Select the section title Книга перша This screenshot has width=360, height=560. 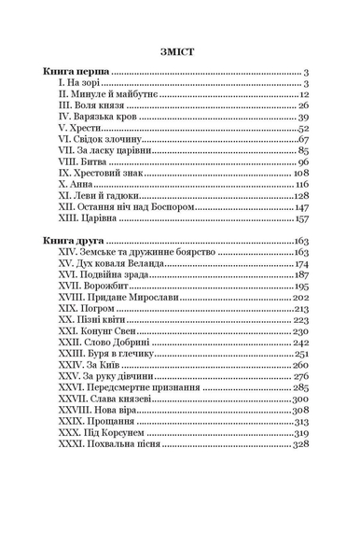(x=76, y=72)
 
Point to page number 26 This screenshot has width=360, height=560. (x=303, y=106)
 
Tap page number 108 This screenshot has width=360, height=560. (x=300, y=174)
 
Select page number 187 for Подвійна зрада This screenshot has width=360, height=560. (x=301, y=275)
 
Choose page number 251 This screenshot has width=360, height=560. (x=301, y=355)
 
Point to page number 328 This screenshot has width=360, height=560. (x=300, y=444)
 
